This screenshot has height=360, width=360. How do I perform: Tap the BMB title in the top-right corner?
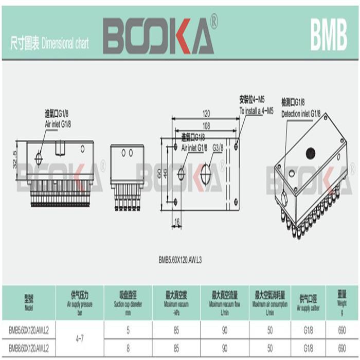pyautogui.click(x=329, y=37)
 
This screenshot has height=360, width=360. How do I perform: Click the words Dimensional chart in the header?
pyautogui.click(x=65, y=44)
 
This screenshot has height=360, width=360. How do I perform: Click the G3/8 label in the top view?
pyautogui.click(x=218, y=148)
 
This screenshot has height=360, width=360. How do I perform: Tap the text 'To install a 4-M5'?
pyautogui.click(x=256, y=111)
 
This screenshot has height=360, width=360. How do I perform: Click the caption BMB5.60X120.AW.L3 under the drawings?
pyautogui.click(x=180, y=260)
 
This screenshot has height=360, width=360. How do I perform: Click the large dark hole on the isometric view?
pyautogui.click(x=310, y=153)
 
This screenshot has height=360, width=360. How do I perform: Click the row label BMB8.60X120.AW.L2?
pyautogui.click(x=29, y=349)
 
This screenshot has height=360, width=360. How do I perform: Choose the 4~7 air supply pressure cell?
pyautogui.click(x=80, y=339)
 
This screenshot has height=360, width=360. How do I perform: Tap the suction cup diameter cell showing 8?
pyautogui.click(x=128, y=349)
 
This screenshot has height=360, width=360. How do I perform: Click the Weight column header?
pyautogui.click(x=342, y=301)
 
